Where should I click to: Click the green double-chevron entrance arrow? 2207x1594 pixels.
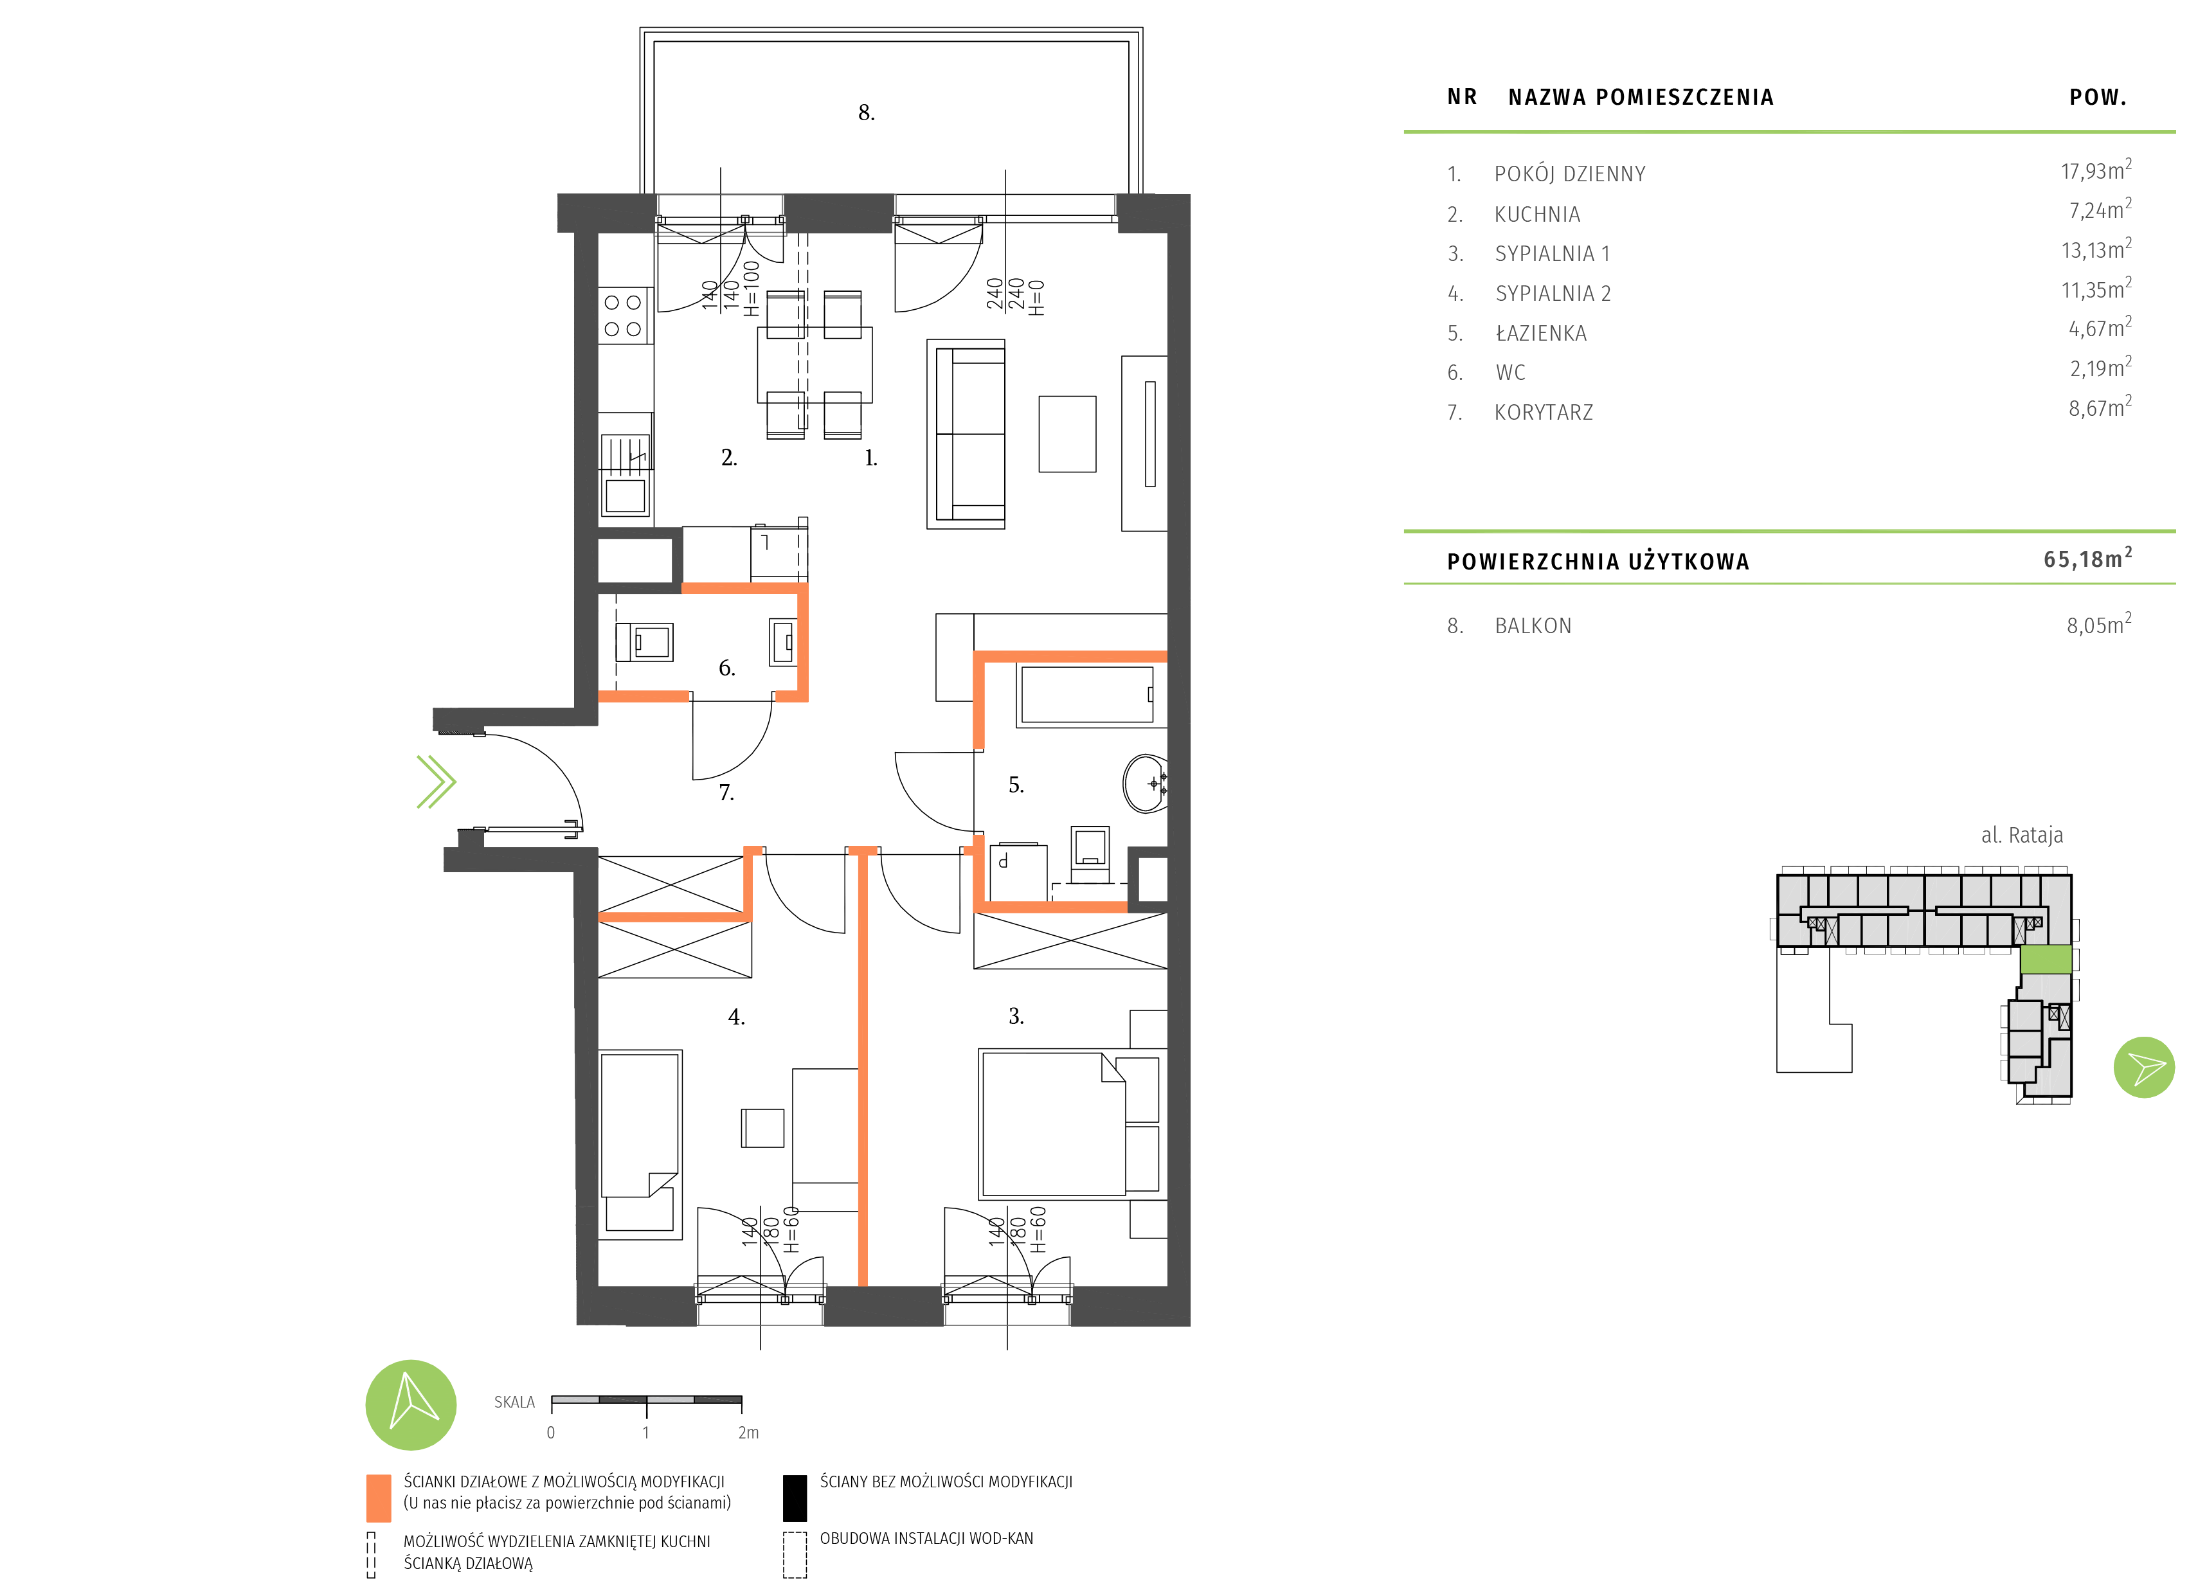(x=436, y=782)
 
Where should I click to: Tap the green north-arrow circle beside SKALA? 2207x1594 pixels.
(x=411, y=1404)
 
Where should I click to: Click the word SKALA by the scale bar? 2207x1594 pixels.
(x=514, y=1402)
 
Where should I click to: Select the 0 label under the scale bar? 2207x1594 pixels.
(x=551, y=1433)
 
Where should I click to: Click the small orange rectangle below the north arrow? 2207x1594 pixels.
(x=379, y=1498)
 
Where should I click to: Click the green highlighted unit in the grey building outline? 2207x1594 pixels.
(x=2046, y=958)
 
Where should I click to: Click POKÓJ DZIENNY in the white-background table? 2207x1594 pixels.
(x=1570, y=174)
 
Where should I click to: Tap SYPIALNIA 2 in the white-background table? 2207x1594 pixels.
(x=1553, y=294)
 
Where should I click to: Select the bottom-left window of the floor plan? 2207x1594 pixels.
(x=760, y=1304)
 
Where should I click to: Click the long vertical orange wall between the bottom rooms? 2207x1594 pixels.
(x=862, y=1070)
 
